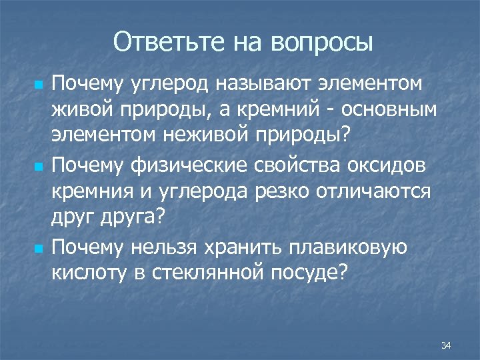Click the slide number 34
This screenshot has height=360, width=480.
coord(446,345)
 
